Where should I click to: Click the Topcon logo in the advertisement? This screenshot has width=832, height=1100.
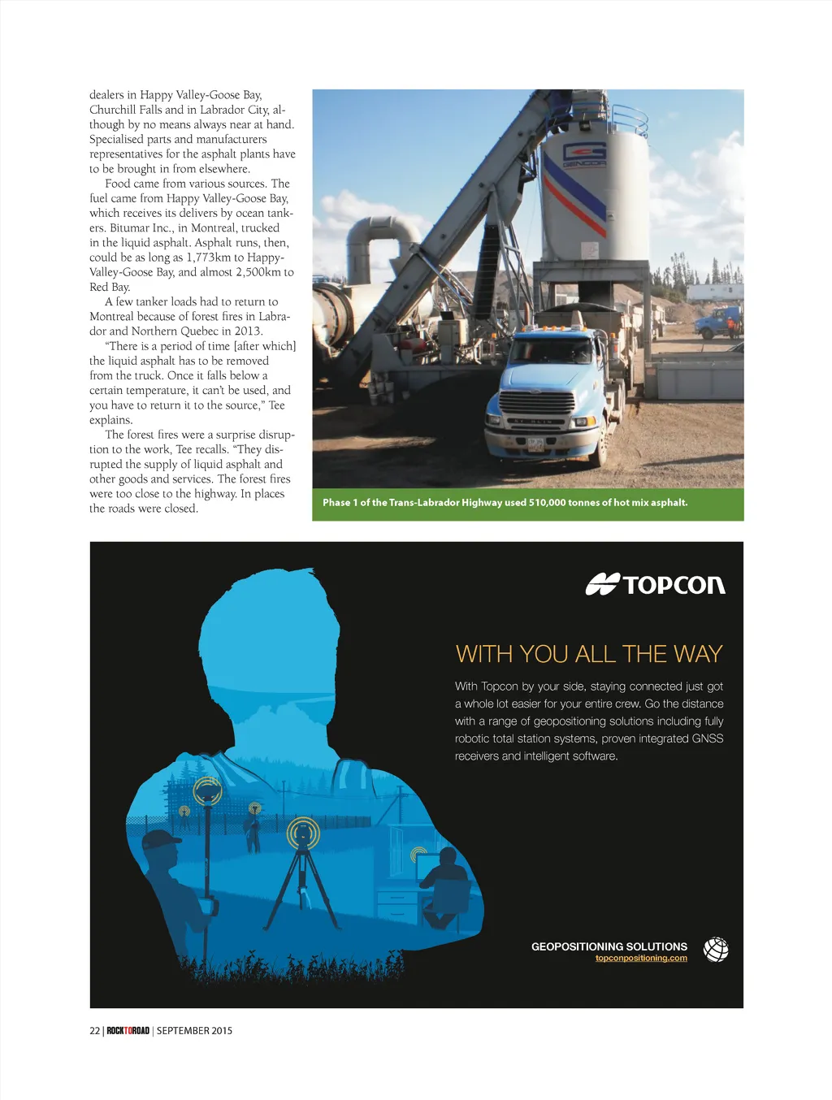[x=655, y=584]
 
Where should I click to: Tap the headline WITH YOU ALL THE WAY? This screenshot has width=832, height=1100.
[x=589, y=654]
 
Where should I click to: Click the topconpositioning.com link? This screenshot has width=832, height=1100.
[x=641, y=959]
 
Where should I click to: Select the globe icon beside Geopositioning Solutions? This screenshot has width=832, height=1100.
[x=715, y=949]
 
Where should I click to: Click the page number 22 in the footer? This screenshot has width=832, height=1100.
[x=94, y=1031]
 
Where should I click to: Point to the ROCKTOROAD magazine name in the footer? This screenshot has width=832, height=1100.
[x=128, y=1031]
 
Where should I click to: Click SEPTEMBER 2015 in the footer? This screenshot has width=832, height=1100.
[x=194, y=1031]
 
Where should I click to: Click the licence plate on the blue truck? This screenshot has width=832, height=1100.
[x=535, y=444]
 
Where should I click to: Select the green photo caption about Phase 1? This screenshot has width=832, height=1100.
[x=505, y=503]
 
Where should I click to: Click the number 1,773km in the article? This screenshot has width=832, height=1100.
[x=209, y=258]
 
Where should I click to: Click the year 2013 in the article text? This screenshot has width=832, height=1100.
[x=248, y=331]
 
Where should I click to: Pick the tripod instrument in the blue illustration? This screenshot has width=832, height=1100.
[x=302, y=877]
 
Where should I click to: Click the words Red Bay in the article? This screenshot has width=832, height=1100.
[x=110, y=287]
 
